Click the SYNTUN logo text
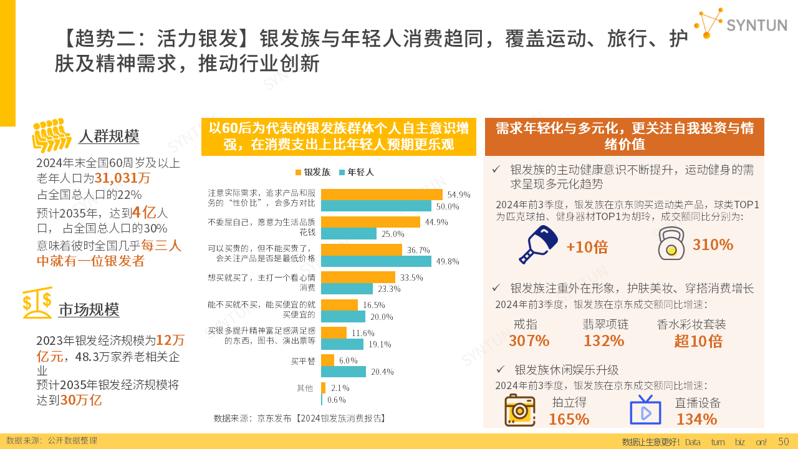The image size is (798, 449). click(x=756, y=25)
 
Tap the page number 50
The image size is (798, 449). click(x=784, y=442)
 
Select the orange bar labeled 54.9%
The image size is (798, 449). click(x=382, y=195)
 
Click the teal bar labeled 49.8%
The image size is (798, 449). click(x=376, y=261)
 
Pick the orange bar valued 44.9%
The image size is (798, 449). click(x=370, y=222)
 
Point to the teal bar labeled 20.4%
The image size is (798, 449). click(x=344, y=372)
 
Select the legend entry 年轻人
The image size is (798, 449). click(x=356, y=172)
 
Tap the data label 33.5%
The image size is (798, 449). click(x=411, y=278)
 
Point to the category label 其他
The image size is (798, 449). click(x=305, y=388)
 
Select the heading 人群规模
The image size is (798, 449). click(x=108, y=137)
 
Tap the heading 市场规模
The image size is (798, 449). click(x=89, y=309)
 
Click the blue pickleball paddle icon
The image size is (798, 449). click(x=538, y=244)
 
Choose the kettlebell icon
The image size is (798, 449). click(x=671, y=244)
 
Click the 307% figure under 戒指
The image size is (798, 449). click(x=529, y=341)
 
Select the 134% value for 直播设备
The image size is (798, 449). click(x=696, y=419)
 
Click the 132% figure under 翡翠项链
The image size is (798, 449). click(x=603, y=341)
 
